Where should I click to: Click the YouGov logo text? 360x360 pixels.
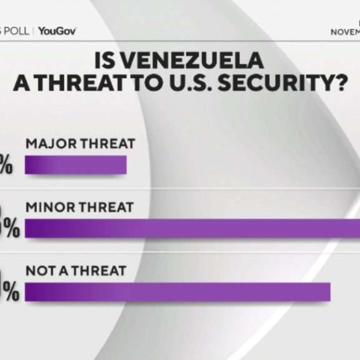pos(57,31)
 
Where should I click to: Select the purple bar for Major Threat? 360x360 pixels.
pos(76,165)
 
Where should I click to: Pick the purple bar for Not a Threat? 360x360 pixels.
pos(178,292)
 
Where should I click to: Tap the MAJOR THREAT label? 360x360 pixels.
pos(81,144)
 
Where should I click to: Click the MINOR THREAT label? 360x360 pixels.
pos(79,207)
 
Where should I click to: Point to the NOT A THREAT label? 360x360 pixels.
pos(76,270)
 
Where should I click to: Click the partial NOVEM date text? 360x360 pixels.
pos(345,32)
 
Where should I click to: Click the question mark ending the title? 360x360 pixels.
pos(335,84)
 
